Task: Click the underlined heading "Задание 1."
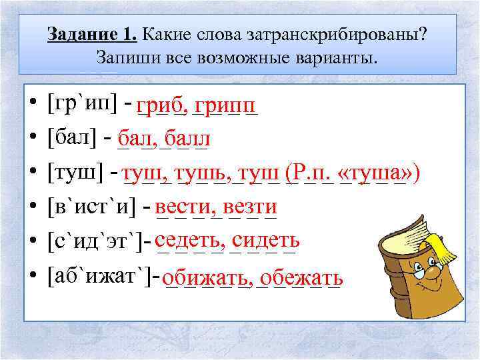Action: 92,34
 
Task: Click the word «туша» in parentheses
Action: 373,173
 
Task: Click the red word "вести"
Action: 184,207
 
